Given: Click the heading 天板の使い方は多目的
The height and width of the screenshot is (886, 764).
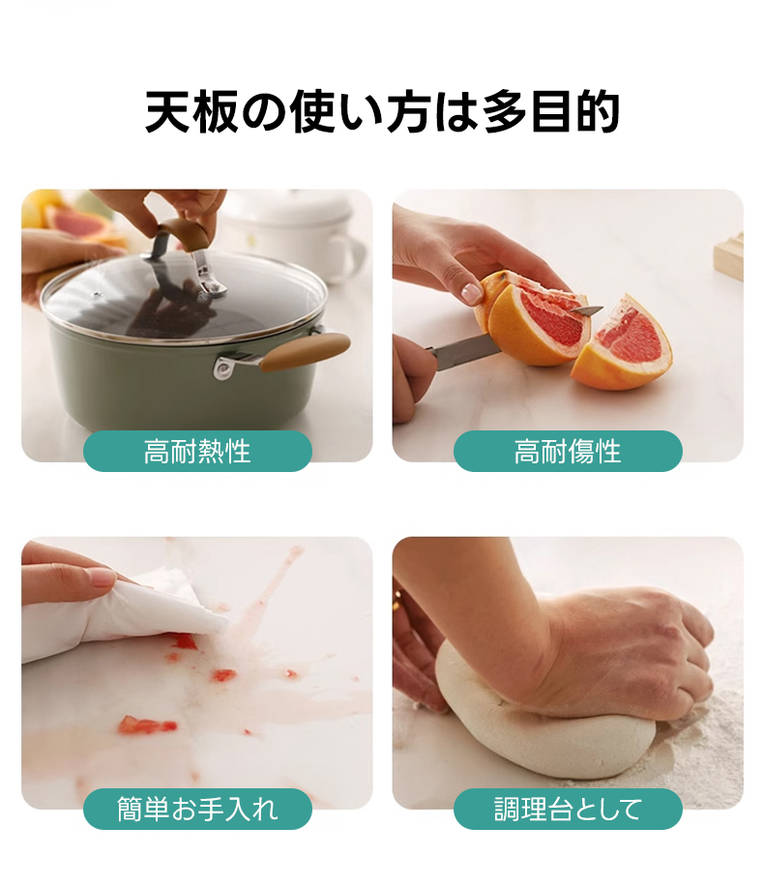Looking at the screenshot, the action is click(383, 111).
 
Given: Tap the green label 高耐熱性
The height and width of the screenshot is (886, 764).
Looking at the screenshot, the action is click(197, 452).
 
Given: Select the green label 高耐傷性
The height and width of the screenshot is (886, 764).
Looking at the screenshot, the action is click(568, 452).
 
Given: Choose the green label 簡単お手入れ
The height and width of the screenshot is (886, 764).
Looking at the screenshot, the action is click(197, 809).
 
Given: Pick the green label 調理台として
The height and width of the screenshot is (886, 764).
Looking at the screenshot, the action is click(568, 809).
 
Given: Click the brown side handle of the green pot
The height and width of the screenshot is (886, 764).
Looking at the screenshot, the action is click(306, 350).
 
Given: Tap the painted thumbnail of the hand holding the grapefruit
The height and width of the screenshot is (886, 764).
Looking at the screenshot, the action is click(470, 293).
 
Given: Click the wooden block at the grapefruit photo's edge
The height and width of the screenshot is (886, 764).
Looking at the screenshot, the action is click(728, 253).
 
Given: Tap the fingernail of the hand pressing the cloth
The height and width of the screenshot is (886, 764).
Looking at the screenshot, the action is click(102, 576).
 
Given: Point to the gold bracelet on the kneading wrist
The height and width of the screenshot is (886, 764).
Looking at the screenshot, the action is click(397, 600).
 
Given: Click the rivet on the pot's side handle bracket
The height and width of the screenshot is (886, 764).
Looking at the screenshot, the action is click(223, 369).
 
